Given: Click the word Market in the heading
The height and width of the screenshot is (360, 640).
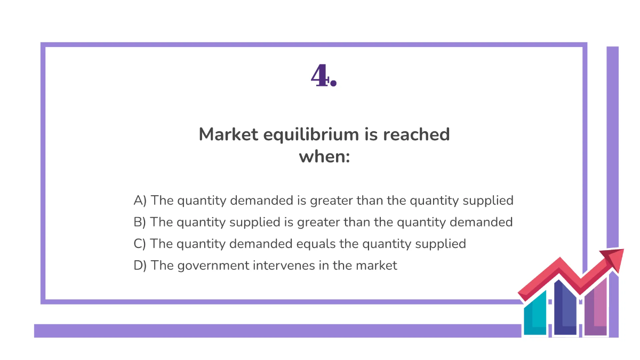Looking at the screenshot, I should pos(229,134).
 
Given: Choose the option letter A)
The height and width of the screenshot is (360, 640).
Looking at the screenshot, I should pos(140,201).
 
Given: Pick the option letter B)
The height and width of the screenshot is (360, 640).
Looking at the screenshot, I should pos(140,222).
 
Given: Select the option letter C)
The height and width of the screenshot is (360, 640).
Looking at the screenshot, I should pos(140,244).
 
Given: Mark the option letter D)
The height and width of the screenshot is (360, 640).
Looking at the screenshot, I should pos(140,265).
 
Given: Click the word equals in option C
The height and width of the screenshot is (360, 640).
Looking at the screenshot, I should pos(339,244).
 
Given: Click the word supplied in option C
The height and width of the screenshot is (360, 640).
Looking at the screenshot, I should pos(441,244).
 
